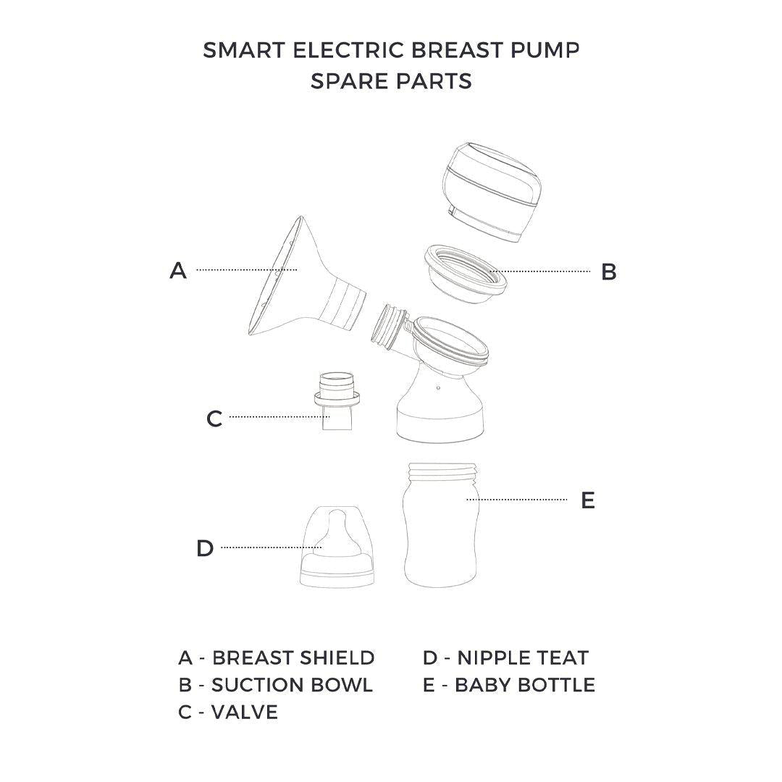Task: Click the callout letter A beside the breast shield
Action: [x=178, y=271]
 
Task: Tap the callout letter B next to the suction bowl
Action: [x=609, y=272]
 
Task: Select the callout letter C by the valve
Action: [x=214, y=419]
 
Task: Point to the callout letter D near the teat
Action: [x=205, y=548]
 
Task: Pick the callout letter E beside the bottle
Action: [x=588, y=500]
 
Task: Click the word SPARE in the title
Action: [x=348, y=80]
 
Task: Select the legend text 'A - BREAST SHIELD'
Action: [x=277, y=657]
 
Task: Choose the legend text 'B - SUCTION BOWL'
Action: [x=275, y=684]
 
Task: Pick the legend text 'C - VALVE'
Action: [x=228, y=712]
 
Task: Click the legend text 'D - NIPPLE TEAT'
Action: [x=505, y=657]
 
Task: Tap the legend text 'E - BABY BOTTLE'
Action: [x=509, y=684]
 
